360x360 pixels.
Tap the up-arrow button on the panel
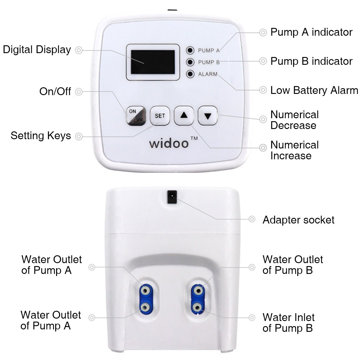(184, 115)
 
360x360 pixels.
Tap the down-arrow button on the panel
(208, 115)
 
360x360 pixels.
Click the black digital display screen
(153, 62)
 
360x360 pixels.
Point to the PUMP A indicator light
(190, 50)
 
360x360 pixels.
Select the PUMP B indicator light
(190, 62)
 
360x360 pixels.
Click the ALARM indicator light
(190, 74)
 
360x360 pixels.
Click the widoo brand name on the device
(169, 143)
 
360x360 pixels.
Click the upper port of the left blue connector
(145, 290)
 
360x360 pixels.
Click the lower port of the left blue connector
(145, 307)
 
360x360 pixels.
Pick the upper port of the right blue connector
(197, 290)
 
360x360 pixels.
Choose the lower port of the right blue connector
(197, 307)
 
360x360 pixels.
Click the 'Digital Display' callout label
(37, 49)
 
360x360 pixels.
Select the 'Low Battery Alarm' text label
(314, 90)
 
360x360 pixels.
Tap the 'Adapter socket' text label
(298, 220)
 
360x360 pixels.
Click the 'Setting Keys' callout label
(41, 136)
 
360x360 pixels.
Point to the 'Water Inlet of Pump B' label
(288, 322)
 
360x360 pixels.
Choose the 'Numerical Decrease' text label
(294, 120)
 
